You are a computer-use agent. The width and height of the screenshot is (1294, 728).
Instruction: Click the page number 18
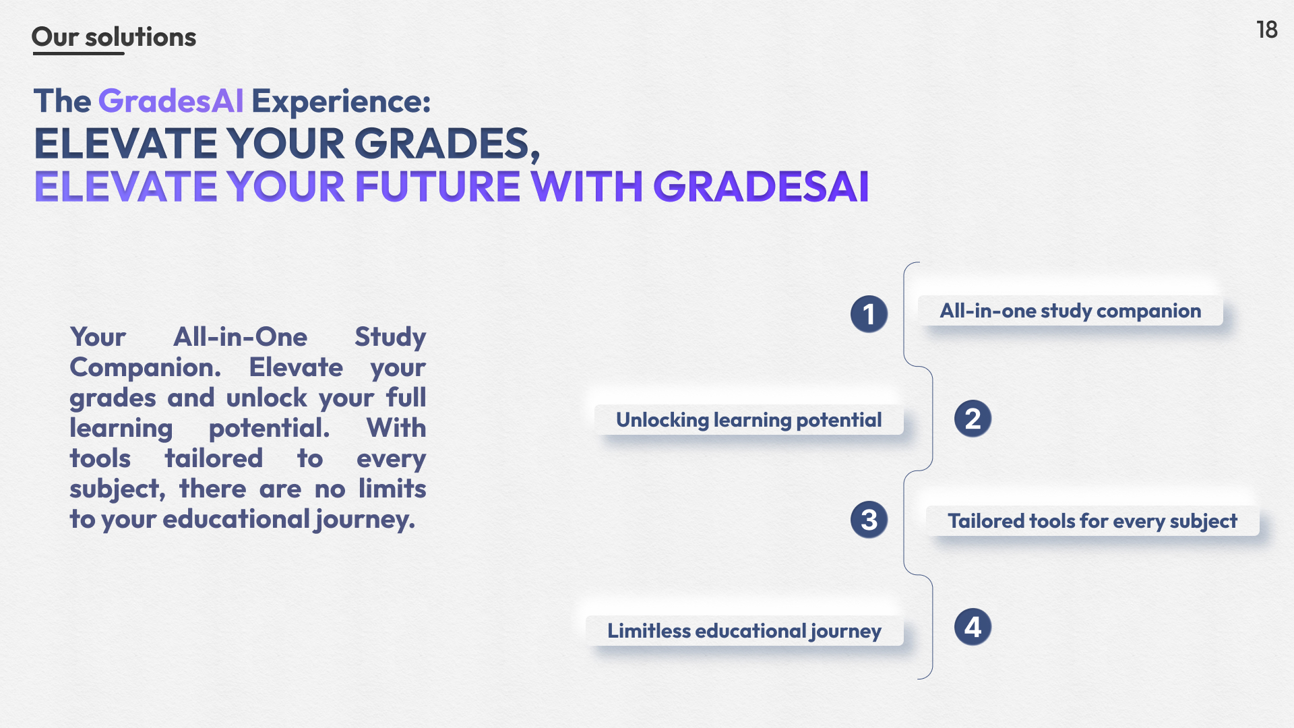pos(1267,30)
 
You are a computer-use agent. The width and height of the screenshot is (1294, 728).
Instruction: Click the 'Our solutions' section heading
pos(114,37)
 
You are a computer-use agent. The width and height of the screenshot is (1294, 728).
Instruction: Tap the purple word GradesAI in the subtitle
pos(171,101)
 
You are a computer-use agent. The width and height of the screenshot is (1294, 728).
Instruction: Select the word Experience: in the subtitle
pos(341,102)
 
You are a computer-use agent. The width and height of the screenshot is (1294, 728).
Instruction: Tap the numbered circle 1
pos(869,313)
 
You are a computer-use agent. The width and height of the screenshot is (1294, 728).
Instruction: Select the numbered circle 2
pos(973,419)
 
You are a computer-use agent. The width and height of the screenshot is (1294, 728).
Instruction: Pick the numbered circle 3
pos(869,519)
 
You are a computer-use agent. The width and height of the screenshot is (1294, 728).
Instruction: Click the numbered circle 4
pos(973,627)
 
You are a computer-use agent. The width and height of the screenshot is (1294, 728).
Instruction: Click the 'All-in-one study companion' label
pos(1070,311)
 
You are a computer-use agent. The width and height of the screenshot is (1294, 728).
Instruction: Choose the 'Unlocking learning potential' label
pos(749,420)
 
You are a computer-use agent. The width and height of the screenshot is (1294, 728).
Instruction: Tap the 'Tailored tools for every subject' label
pos(1092,521)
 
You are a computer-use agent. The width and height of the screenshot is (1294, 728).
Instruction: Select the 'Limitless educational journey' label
pos(744,631)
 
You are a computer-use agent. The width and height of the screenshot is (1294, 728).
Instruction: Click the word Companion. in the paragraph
pos(146,367)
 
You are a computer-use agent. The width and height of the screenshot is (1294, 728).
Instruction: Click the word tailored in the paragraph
pos(214,458)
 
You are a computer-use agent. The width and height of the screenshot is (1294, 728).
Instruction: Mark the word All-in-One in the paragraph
pos(241,336)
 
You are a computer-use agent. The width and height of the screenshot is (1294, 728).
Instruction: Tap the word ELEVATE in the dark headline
pos(125,144)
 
